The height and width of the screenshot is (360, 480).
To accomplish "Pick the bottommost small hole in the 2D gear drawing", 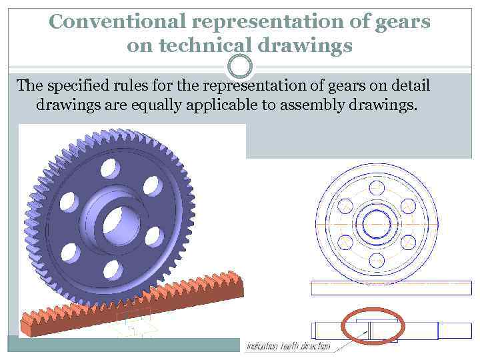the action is (377, 261).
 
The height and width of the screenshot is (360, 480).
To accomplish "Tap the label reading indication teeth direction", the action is (288, 346).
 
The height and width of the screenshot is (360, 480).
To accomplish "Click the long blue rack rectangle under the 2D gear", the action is (391, 288).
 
